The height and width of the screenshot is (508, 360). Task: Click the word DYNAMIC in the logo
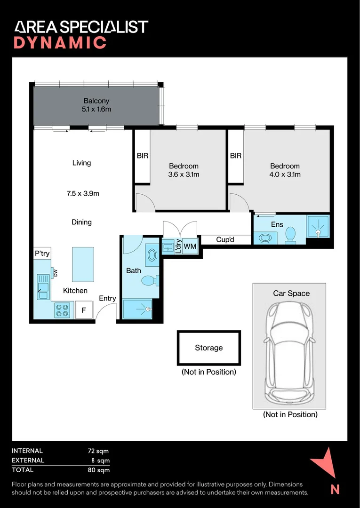pyautogui.click(x=60, y=43)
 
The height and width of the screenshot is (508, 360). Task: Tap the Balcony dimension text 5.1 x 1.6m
pyautogui.click(x=96, y=109)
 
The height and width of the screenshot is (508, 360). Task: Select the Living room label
pyautogui.click(x=82, y=163)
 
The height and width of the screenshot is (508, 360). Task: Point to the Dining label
pyautogui.click(x=82, y=222)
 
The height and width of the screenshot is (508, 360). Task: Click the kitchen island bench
pyautogui.click(x=83, y=264)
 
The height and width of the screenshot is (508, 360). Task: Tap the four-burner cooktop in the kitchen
pyautogui.click(x=63, y=310)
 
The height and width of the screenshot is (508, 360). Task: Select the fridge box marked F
pyautogui.click(x=84, y=310)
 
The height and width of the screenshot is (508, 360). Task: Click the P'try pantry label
pyautogui.click(x=42, y=254)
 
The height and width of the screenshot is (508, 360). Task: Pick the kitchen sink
pyautogui.click(x=43, y=287)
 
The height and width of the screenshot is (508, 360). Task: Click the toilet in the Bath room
pyautogui.click(x=150, y=280)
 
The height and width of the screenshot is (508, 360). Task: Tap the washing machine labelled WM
pyautogui.click(x=190, y=246)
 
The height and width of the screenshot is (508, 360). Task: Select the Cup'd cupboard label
pyautogui.click(x=225, y=240)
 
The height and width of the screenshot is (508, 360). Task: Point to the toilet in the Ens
pyautogui.click(x=290, y=235)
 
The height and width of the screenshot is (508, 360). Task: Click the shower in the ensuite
pyautogui.click(x=318, y=226)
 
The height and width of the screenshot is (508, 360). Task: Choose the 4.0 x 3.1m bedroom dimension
pyautogui.click(x=286, y=175)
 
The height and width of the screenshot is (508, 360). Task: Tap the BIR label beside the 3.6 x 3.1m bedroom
pyautogui.click(x=143, y=156)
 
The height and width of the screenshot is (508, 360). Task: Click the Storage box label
pyautogui.click(x=208, y=348)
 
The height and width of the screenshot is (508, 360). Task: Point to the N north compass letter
pyautogui.click(x=335, y=489)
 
